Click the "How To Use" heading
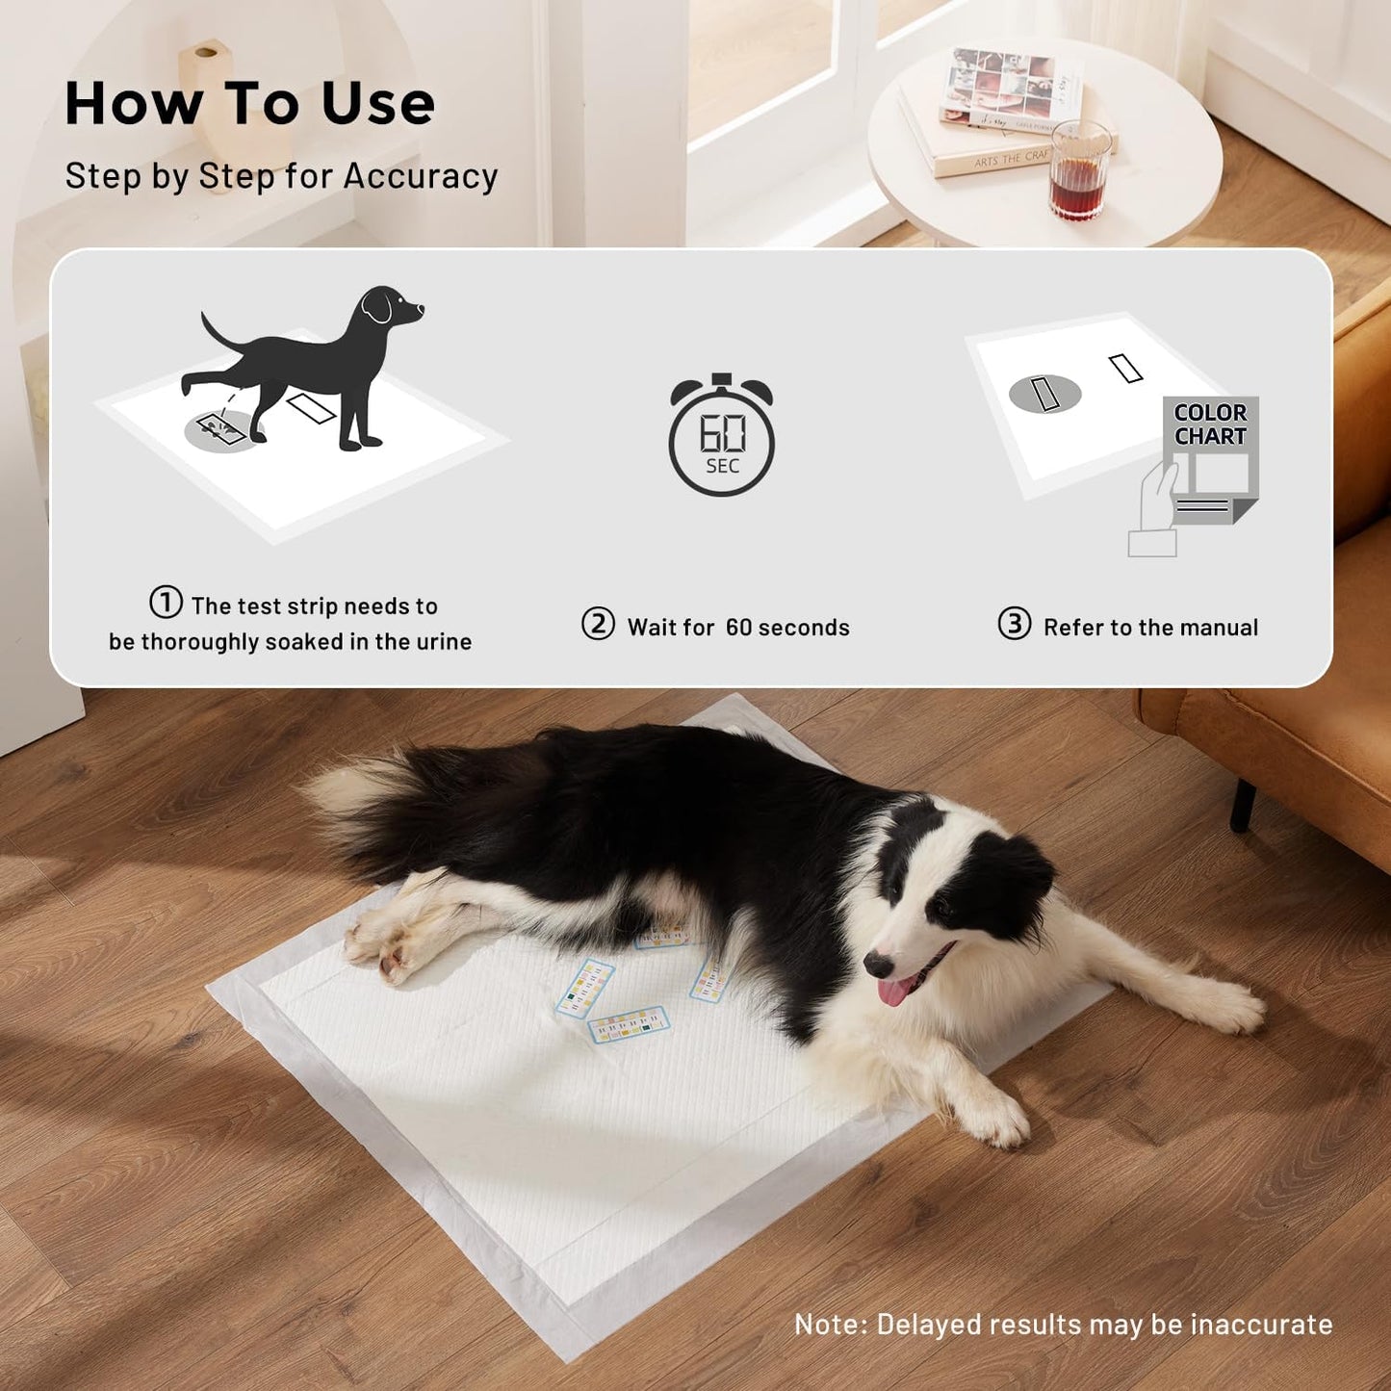[x=249, y=104]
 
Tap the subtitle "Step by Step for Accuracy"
[x=281, y=176]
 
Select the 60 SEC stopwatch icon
[x=721, y=436]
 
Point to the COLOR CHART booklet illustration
[x=1209, y=460]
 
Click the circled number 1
[x=166, y=604]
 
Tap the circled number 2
[x=598, y=624]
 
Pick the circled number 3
[x=1014, y=624]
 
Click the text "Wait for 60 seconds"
[x=738, y=628]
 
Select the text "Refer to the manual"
[x=1150, y=628]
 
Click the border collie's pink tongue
[x=895, y=991]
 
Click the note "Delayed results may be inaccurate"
[x=1063, y=1325]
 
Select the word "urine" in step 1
[x=444, y=642]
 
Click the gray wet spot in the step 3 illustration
[x=1044, y=394]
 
